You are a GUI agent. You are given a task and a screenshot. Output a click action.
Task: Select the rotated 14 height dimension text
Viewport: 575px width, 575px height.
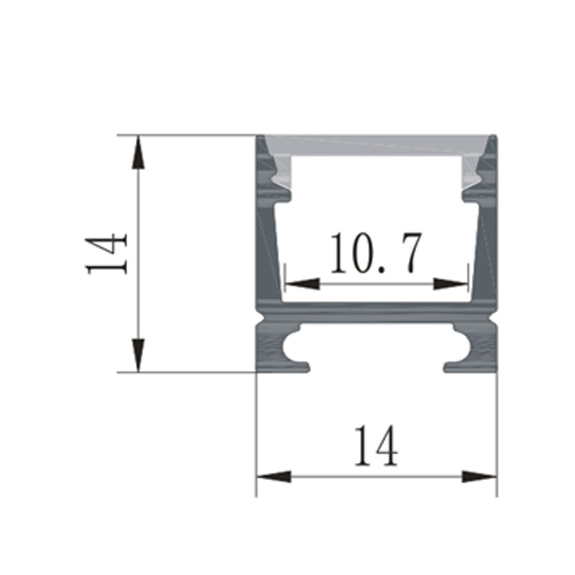click(x=106, y=253)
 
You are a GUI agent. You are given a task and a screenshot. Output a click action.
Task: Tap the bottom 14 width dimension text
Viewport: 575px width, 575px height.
click(x=375, y=446)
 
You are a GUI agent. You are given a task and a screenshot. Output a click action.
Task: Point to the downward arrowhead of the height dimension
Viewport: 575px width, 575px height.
click(x=138, y=355)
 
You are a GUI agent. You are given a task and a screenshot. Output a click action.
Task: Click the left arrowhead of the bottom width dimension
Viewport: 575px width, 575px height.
click(x=274, y=476)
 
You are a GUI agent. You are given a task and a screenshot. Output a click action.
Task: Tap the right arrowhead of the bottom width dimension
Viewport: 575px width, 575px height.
click(x=479, y=476)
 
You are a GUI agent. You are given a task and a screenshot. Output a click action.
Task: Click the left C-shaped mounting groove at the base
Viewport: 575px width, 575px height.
click(x=295, y=348)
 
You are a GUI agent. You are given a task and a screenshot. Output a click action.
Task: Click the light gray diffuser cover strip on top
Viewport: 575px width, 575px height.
click(x=377, y=143)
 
